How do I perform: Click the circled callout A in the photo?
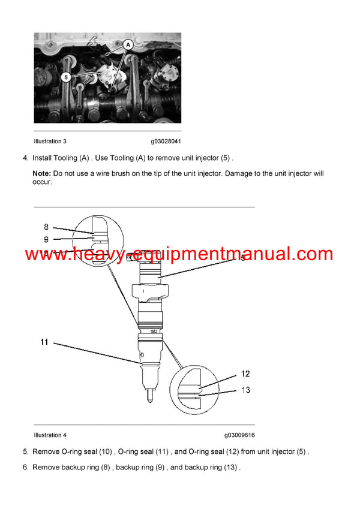pos(128,44)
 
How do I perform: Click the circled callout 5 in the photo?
pos(66,77)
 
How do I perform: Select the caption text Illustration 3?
pos(51,141)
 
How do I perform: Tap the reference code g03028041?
pos(166,141)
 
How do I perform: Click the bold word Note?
pos(42,173)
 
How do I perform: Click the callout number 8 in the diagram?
pos(46,227)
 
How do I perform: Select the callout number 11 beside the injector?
pos(44,342)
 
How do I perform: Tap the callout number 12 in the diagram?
pos(245,374)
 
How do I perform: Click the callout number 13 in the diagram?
pos(245,389)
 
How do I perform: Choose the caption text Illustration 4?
pos(51,435)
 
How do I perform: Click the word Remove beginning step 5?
pos(46,451)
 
